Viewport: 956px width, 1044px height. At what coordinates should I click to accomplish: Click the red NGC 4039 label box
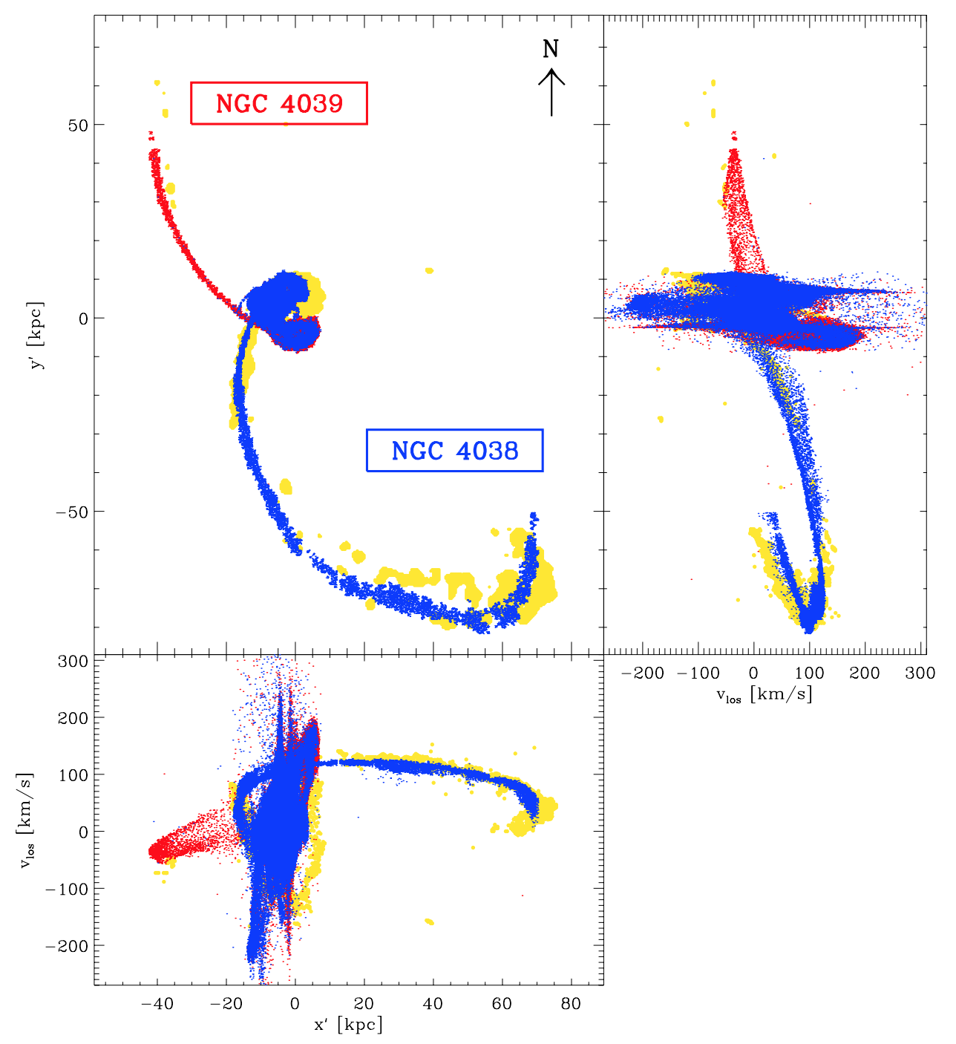point(279,103)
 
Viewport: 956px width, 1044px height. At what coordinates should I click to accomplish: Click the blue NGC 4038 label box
point(454,450)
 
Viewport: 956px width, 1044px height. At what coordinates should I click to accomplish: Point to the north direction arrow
point(551,92)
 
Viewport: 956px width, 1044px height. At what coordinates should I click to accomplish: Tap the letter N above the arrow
point(550,49)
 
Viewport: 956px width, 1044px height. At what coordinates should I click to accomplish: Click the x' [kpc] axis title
point(348,1025)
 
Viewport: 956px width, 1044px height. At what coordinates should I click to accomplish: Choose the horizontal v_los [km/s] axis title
point(764,694)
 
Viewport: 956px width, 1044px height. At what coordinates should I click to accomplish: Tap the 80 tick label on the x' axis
point(570,1004)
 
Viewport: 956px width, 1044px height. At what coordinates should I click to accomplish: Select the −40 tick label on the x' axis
point(157,1004)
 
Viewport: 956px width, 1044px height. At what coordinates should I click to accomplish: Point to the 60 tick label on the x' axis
point(502,1004)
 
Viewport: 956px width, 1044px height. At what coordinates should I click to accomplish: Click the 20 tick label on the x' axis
point(364,1004)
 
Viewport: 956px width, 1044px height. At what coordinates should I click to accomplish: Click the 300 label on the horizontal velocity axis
point(920,673)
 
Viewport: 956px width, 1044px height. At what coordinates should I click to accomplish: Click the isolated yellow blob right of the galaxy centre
point(429,270)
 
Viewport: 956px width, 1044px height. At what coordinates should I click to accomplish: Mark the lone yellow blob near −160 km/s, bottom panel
point(429,921)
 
